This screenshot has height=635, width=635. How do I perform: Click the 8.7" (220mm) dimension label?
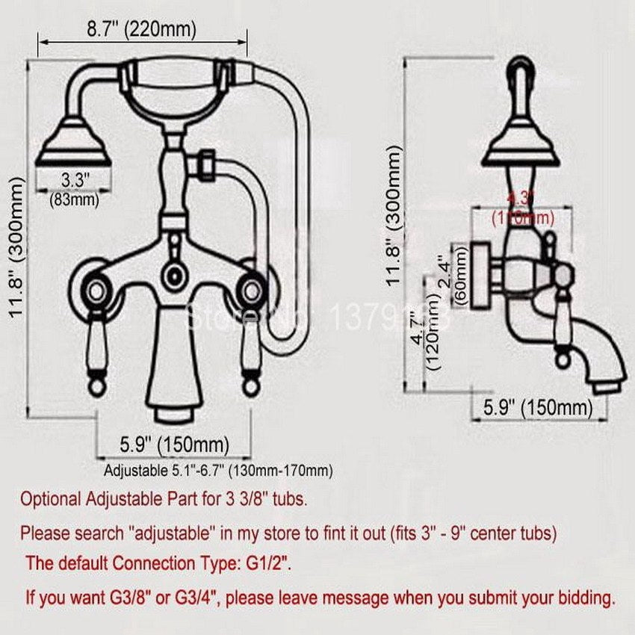pyautogui.click(x=141, y=31)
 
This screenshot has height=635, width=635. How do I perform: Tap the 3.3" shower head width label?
pyautogui.click(x=75, y=180)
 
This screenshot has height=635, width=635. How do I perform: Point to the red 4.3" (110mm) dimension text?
pyautogui.click(x=522, y=208)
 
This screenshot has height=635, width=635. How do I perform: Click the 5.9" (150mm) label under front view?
pyautogui.click(x=175, y=445)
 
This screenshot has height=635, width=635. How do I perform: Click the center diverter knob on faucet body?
pyautogui.click(x=174, y=273)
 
